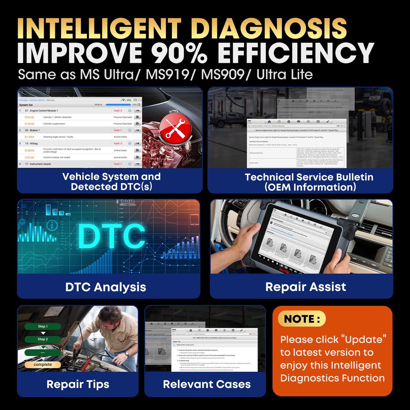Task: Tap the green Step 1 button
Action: click(x=43, y=326)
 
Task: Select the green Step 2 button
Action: click(x=43, y=339)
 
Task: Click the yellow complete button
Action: click(x=43, y=365)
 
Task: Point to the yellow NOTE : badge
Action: click(x=302, y=319)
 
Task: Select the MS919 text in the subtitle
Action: click(x=168, y=74)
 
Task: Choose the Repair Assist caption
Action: click(x=306, y=287)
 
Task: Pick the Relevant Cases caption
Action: click(x=207, y=384)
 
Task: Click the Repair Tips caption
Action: click(x=78, y=384)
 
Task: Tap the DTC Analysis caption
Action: click(x=106, y=287)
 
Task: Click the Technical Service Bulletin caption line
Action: click(x=309, y=177)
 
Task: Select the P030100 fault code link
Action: click(x=30, y=117)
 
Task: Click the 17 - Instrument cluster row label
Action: click(x=38, y=164)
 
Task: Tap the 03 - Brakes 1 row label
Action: click(x=32, y=130)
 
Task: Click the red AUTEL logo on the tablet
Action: click(x=285, y=271)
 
